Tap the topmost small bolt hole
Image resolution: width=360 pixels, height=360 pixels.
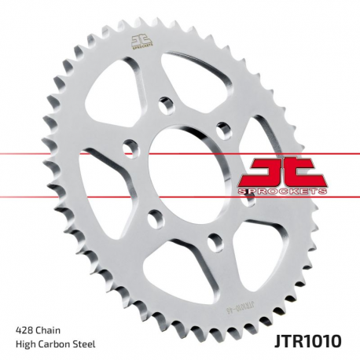164,102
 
